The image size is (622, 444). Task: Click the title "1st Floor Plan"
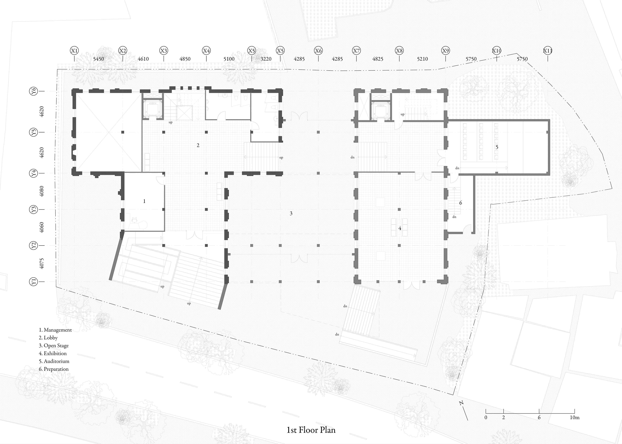311,430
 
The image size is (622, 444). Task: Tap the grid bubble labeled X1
74,51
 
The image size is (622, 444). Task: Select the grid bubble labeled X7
356,51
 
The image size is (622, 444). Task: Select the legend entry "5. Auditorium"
54,361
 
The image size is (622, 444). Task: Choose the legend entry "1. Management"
55,330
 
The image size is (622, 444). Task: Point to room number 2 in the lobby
198,145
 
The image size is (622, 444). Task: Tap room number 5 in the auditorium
497,147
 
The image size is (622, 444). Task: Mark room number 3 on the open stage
291,213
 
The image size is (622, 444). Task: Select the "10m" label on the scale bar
575,417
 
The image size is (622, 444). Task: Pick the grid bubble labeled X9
446,51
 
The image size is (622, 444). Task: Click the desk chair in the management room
134,219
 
